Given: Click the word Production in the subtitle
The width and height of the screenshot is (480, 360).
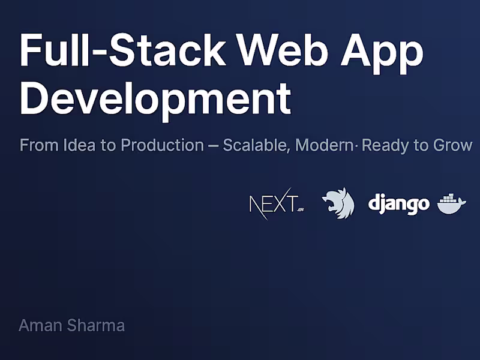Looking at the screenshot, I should (161, 145).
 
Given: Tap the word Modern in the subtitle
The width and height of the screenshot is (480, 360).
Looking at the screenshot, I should (325, 145).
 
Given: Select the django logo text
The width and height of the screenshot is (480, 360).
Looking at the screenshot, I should (398, 205).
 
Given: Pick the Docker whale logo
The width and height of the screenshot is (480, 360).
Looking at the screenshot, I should (452, 204).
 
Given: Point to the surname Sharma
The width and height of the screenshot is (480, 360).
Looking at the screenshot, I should (95, 326).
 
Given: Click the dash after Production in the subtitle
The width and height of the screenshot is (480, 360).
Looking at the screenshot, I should (213, 146).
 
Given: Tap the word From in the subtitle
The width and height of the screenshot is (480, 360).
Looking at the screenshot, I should (35, 145).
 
